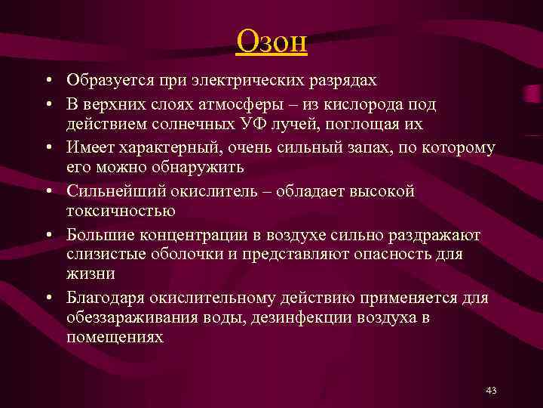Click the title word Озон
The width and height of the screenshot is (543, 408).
point(271,41)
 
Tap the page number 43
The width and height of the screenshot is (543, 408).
point(491,391)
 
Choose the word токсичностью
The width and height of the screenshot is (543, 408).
point(121,211)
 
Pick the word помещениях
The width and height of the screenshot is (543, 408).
point(115,338)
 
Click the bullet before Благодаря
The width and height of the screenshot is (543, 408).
point(48,298)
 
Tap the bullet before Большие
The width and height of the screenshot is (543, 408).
point(48,234)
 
